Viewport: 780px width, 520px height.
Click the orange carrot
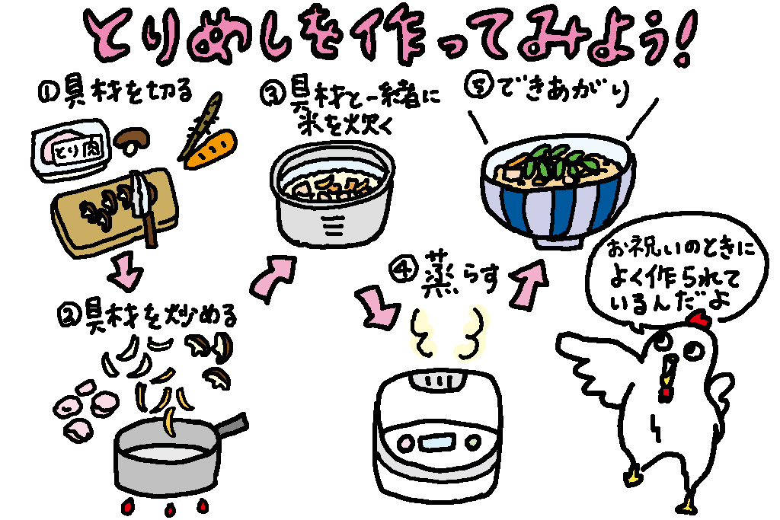pos(211,150)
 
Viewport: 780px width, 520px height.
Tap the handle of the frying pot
pos(228,430)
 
